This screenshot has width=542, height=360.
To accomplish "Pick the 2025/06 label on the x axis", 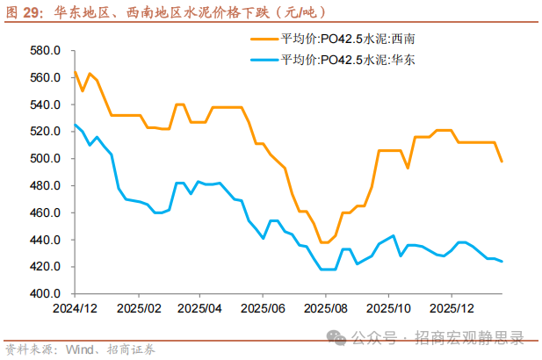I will pyautogui.click(x=263, y=310).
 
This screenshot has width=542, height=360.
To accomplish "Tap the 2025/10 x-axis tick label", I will pyautogui.click(x=388, y=310).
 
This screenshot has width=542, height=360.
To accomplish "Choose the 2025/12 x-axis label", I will pyautogui.click(x=452, y=310).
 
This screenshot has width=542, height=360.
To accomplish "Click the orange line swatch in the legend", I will pyautogui.click(x=264, y=39).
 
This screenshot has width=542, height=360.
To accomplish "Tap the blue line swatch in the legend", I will pyautogui.click(x=264, y=59).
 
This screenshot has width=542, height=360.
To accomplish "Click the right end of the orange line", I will pyautogui.click(x=502, y=162).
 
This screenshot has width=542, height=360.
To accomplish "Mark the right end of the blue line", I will pyautogui.click(x=502, y=262).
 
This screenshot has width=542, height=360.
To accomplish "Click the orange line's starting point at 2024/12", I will pyautogui.click(x=75, y=72).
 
